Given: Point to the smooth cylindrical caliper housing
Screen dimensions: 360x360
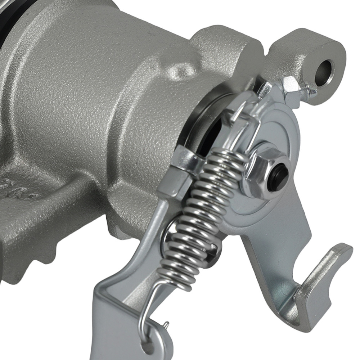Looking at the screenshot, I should click(x=90, y=90).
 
